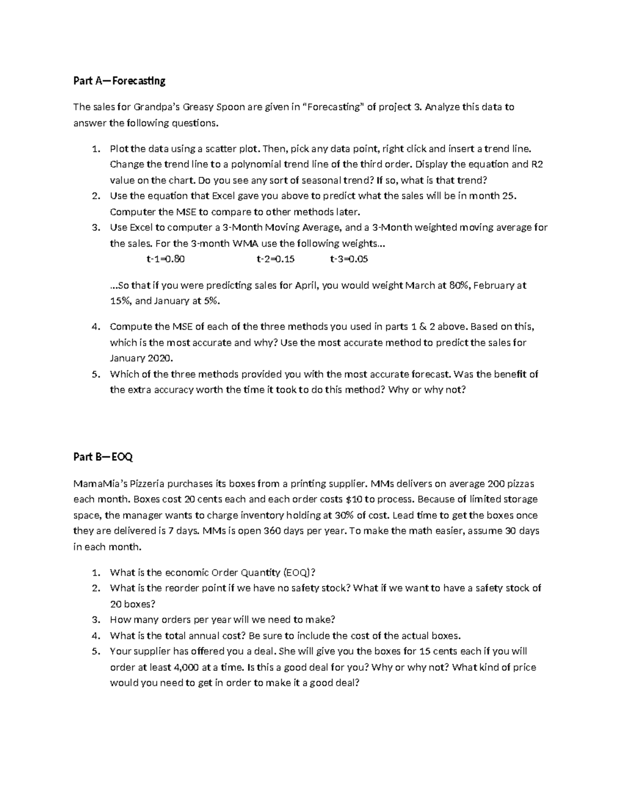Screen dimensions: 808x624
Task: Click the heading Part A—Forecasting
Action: (119, 81)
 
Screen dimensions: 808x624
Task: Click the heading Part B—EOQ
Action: (103, 457)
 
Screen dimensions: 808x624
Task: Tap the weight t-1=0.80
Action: (165, 259)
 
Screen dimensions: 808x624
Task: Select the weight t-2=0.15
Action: (276, 259)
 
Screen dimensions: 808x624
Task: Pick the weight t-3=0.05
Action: (349, 259)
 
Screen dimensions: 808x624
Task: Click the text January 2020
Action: (141, 358)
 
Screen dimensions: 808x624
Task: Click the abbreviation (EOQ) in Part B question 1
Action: (299, 572)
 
